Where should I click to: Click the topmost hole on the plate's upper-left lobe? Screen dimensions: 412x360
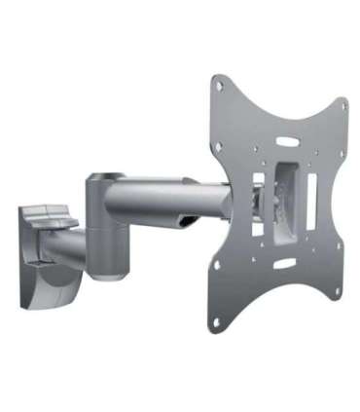point(219,85)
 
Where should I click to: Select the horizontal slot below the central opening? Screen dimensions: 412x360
point(284,263)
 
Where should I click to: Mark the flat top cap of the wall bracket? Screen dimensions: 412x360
point(47,210)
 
